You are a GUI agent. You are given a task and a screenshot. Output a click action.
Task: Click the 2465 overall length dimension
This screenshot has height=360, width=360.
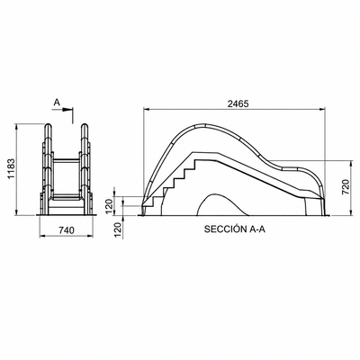tap(238, 103)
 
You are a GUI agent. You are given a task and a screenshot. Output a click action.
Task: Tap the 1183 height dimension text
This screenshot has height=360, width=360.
tap(12, 169)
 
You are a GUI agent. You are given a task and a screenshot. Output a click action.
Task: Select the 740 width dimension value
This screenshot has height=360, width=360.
tap(66, 230)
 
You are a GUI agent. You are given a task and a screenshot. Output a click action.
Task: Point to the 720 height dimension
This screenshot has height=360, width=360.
tap(346, 187)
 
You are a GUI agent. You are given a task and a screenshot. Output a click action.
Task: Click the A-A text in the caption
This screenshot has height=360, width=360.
tap(257, 229)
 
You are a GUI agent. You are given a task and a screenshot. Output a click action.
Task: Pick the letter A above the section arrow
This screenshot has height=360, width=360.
tap(57, 103)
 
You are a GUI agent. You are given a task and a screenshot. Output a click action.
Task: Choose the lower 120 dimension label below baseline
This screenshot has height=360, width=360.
tap(119, 230)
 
